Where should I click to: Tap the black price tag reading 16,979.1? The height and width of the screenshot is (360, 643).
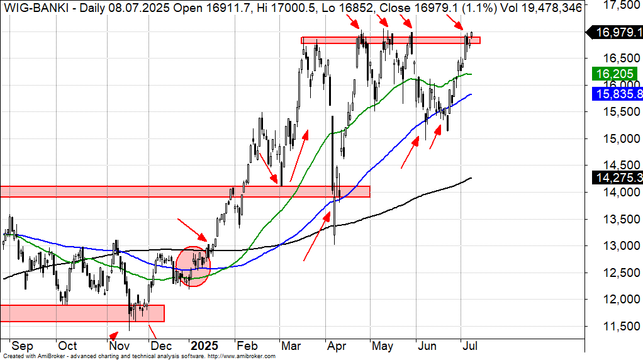tap(614, 32)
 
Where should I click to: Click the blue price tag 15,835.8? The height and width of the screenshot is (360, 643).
tap(616, 94)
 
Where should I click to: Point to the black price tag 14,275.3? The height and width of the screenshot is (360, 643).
tap(616, 178)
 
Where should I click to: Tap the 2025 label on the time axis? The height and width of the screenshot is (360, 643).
tap(204, 346)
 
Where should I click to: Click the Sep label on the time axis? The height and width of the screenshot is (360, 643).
tap(22, 346)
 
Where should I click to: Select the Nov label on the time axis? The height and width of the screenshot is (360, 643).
tap(115, 346)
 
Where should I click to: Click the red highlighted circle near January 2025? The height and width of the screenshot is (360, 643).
tap(193, 266)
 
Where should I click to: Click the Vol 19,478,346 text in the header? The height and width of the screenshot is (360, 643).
tap(537, 8)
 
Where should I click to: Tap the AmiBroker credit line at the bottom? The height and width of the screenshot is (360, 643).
tap(138, 356)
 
